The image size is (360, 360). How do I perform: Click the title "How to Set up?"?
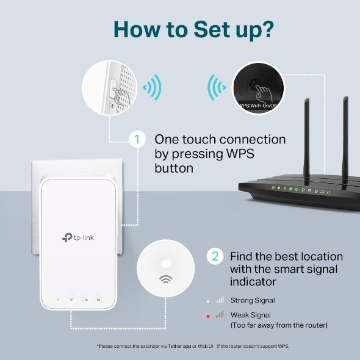tap(180, 29)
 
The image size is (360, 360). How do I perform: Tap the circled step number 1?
tap(137, 140)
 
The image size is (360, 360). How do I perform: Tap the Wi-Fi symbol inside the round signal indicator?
tap(165, 279)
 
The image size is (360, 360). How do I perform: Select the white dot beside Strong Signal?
tap(208, 300)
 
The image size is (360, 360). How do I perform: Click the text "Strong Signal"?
tap(253, 300)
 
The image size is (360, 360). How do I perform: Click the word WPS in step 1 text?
tap(256, 154)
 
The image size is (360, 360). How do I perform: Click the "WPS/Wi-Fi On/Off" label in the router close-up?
tap(256, 104)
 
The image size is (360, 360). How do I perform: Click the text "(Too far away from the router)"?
tap(279, 325)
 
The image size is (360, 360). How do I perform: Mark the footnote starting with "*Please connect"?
tap(192, 346)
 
